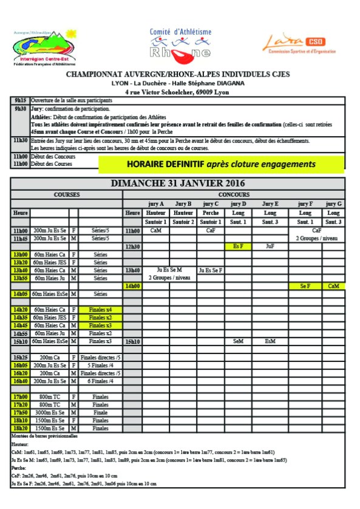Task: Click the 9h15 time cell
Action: pos(21,100)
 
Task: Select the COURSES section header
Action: pos(67,194)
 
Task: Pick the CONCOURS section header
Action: pos(234,194)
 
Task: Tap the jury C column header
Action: pos(211,203)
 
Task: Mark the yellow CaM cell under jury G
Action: pos(334,285)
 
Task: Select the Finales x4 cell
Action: pos(100,310)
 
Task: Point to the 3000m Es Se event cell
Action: pos(50,412)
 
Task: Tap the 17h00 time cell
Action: pos(21,397)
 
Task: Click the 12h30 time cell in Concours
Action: pos(133,247)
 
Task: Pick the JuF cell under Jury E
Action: pos(271,247)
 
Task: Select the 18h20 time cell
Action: pos(21,428)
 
